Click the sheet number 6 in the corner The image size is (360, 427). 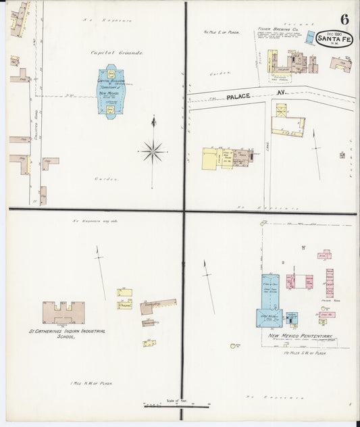coord(345,16)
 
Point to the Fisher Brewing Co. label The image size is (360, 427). coord(273,29)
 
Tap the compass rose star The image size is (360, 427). coord(153,151)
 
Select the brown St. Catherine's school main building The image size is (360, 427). coord(63,312)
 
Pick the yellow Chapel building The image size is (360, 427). coord(124,305)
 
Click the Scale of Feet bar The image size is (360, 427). coord(177,405)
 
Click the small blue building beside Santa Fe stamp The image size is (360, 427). coord(309,39)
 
